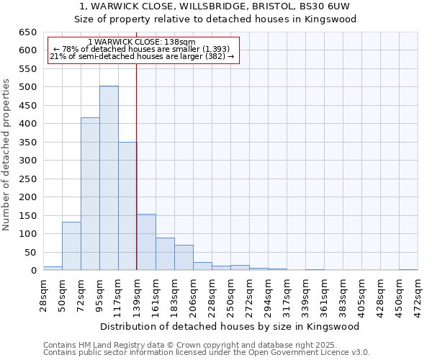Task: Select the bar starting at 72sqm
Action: coord(90,194)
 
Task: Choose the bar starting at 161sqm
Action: coord(165,254)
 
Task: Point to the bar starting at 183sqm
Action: coord(184,258)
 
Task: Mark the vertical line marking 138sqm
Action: coord(136,166)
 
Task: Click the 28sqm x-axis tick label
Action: coord(43,291)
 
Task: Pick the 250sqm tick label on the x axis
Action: coord(230,291)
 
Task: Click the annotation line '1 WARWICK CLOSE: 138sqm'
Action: coord(141,42)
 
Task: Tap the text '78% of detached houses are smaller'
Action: coord(141,49)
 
